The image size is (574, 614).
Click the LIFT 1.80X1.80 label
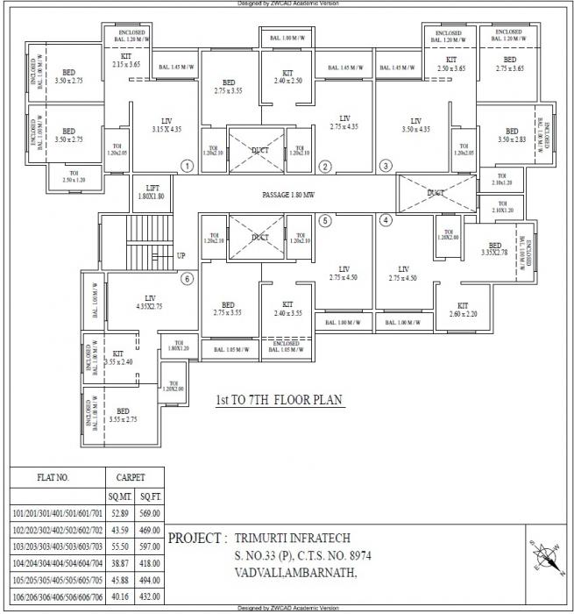(x=151, y=192)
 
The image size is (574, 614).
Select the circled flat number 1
(x=186, y=165)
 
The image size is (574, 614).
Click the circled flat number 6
(x=187, y=280)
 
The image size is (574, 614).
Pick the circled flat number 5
(x=325, y=221)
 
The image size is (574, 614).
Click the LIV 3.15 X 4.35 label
(x=166, y=125)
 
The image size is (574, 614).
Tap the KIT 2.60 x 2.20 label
(x=464, y=309)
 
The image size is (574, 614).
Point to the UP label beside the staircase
(x=181, y=256)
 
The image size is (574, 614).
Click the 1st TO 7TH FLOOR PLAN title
(x=280, y=401)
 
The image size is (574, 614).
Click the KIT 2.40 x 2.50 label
(x=287, y=77)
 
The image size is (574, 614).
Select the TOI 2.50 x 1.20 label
(x=74, y=176)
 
